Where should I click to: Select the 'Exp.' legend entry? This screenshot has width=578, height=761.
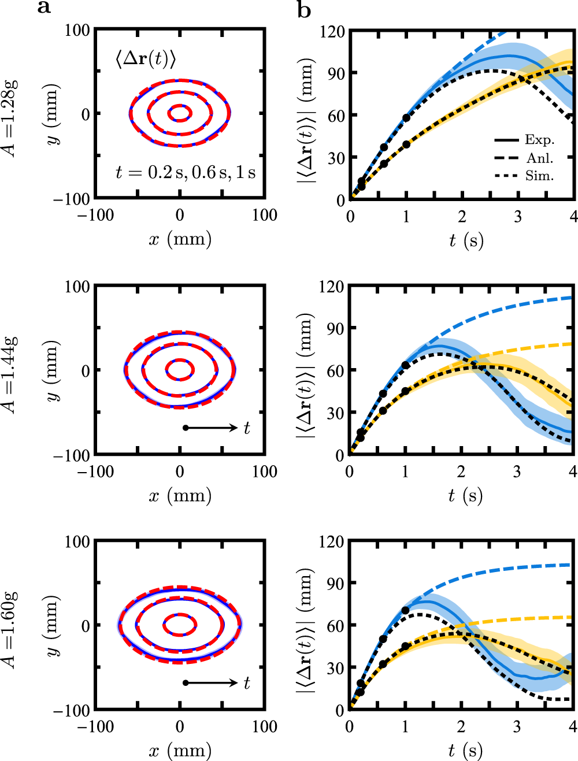pyautogui.click(x=539, y=140)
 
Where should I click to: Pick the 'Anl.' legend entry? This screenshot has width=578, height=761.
pyautogui.click(x=539, y=158)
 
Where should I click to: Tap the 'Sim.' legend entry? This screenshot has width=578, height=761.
pyautogui.click(x=539, y=176)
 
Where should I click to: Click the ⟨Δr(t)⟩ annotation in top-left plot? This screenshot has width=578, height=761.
pyautogui.click(x=145, y=58)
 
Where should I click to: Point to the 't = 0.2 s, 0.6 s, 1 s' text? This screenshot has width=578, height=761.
pyautogui.click(x=185, y=172)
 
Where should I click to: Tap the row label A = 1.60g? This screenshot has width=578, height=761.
pyautogui.click(x=10, y=629)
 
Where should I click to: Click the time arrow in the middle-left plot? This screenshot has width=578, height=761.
pyautogui.click(x=212, y=428)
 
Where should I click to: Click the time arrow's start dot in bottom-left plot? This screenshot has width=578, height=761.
pyautogui.click(x=186, y=682)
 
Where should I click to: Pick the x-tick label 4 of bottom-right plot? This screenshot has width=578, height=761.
pyautogui.click(x=572, y=726)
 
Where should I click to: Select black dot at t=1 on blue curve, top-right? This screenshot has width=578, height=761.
pyautogui.click(x=406, y=118)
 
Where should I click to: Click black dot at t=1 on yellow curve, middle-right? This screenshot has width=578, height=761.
pyautogui.click(x=405, y=391)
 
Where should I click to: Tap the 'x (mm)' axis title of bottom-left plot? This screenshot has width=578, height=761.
pyautogui.click(x=180, y=751)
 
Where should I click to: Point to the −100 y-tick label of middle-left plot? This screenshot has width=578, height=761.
pyautogui.click(x=72, y=456)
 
